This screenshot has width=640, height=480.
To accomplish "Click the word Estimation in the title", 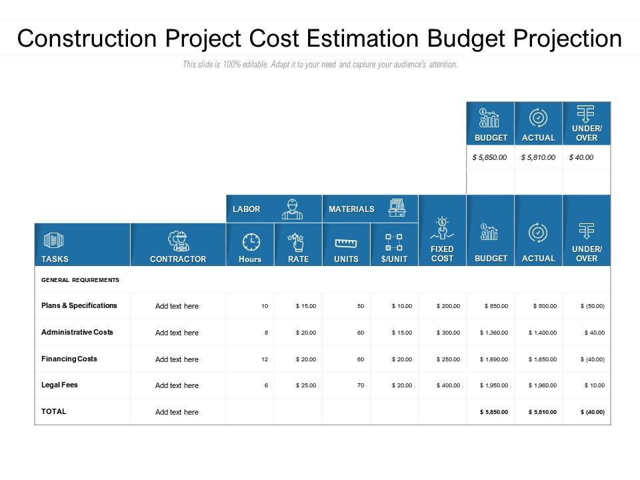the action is [363, 39].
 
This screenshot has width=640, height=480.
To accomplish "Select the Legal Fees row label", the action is [59, 385].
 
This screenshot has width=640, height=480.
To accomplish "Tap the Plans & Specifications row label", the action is [79, 306].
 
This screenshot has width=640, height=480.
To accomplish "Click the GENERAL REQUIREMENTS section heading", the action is [80, 280].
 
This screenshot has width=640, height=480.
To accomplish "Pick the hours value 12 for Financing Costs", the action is [265, 359].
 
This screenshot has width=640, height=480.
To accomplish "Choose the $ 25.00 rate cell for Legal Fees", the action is [306, 385].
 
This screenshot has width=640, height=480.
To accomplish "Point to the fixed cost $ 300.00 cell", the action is [448, 333].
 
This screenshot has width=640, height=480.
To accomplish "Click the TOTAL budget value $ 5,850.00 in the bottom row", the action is [494, 412].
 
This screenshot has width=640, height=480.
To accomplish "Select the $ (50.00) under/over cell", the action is [592, 306].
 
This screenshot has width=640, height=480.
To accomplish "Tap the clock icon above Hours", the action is [251, 242].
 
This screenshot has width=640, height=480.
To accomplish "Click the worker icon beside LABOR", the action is [292, 209].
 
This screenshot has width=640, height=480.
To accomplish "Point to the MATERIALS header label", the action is [351, 209].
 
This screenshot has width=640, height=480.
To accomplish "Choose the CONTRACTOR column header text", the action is [178, 259].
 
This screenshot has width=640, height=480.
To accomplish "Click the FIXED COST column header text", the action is [442, 254].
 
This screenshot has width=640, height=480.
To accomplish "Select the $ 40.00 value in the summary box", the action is [581, 157].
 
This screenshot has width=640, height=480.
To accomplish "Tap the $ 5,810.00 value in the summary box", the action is [538, 157].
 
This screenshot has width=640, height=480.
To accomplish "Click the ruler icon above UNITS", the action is [346, 244].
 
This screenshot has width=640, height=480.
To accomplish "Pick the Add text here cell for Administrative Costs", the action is [177, 333].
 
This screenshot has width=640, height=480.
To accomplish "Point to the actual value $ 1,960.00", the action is [543, 385].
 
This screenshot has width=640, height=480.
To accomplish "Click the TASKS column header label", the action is [55, 259].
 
